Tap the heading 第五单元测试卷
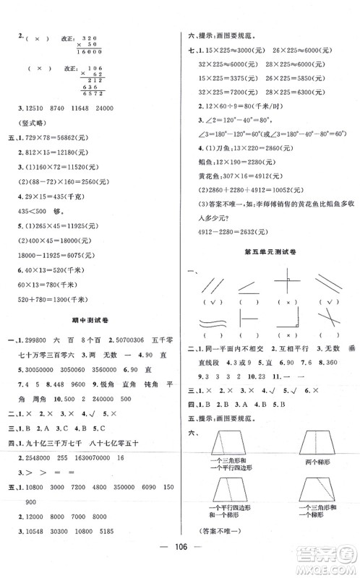point(268,250)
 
